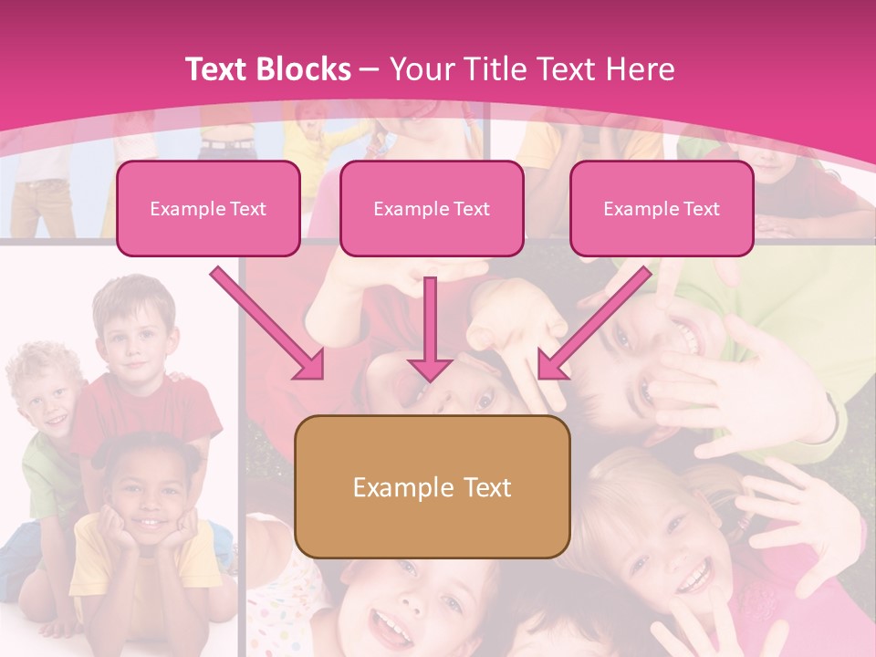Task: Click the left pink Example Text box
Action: click(208, 209)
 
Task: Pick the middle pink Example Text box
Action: click(432, 209)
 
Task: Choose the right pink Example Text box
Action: click(662, 209)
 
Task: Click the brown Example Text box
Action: click(433, 487)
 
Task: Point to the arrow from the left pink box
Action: click(267, 323)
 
